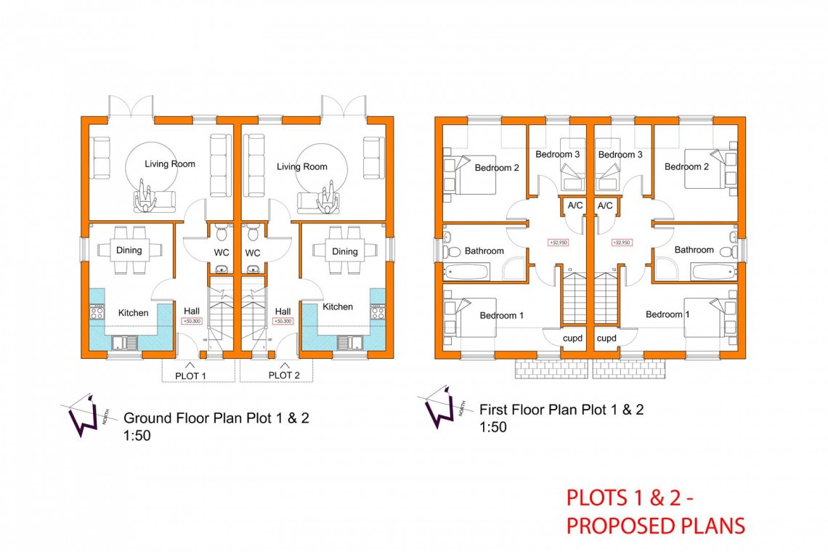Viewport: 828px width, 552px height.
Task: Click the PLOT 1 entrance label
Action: pos(191,376)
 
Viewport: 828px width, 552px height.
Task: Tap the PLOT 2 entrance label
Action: pos(283,376)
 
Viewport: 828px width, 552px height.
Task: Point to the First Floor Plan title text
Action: pos(561,410)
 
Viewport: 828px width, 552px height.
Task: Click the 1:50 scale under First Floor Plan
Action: pos(493,427)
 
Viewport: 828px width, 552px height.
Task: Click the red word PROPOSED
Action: pos(617,526)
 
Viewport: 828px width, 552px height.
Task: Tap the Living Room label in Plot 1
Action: pos(170,164)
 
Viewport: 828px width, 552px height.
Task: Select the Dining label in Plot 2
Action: pos(345,251)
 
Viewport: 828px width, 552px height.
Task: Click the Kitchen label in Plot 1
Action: pos(133,313)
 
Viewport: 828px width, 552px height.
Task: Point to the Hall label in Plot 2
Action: pos(283,311)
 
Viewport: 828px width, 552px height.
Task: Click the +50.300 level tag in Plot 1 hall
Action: pos(191,320)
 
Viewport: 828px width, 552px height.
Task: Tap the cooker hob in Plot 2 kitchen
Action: pos(378,312)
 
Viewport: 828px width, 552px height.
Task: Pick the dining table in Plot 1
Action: pos(129,251)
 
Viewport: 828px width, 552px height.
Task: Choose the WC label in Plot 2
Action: pos(253,253)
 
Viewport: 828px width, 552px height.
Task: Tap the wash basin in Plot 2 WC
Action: pos(253,271)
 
